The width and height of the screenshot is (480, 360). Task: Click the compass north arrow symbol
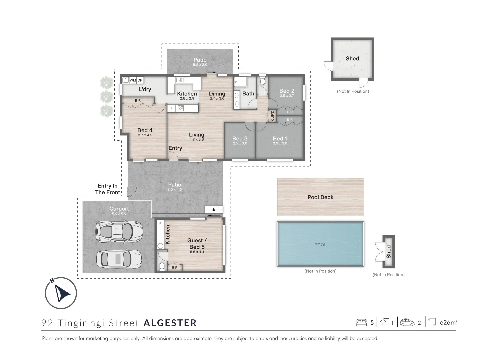[61, 293]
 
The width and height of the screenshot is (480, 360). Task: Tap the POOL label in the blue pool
[320, 245]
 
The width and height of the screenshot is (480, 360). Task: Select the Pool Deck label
[320, 197]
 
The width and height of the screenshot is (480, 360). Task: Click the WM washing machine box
[133, 80]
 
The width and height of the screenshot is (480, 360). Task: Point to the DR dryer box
[140, 80]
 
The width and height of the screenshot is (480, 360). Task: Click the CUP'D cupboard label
[272, 116]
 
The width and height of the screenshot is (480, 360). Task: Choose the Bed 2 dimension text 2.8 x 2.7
[287, 96]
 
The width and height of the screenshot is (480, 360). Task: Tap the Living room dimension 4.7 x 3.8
[197, 139]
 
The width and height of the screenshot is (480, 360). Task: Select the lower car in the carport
[119, 259]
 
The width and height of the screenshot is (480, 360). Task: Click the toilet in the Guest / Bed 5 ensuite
[162, 266]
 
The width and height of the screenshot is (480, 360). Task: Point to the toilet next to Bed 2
[263, 81]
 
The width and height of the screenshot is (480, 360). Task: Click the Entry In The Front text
[107, 189]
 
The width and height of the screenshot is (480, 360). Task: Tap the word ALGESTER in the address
[170, 323]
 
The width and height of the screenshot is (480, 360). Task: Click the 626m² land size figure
[448, 322]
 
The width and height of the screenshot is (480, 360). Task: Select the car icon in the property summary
[407, 322]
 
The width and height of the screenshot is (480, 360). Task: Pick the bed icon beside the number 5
[361, 322]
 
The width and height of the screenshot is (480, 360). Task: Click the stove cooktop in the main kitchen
[181, 108]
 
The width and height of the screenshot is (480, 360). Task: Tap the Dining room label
[217, 94]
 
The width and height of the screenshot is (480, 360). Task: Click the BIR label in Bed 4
[138, 101]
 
